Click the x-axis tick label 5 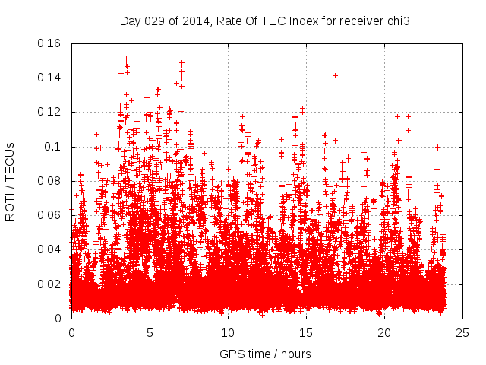click(x=150, y=333)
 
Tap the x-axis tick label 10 click(x=228, y=333)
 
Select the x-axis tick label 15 click(x=306, y=333)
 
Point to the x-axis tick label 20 click(x=384, y=333)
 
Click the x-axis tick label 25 click(x=462, y=333)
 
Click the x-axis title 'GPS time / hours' click(x=265, y=354)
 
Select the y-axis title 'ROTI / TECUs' click(x=10, y=181)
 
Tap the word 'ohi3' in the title click(x=399, y=21)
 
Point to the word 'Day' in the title click(x=130, y=21)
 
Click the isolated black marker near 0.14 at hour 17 click(x=335, y=75)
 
